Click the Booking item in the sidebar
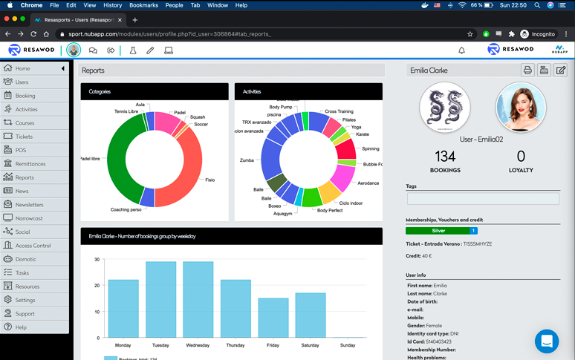tap(25, 96)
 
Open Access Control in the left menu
tap(33, 246)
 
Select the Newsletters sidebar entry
tap(29, 205)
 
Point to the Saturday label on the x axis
tap(311, 345)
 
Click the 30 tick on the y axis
tap(97, 260)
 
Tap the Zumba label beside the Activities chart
tap(247, 160)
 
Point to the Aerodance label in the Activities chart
tap(368, 183)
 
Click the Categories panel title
tap(100, 91)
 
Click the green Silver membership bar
tap(438, 231)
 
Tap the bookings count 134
tap(445, 157)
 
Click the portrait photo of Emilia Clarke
tap(521, 107)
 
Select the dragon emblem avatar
tap(444, 107)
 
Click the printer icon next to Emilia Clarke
tap(527, 71)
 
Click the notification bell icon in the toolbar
tap(461, 50)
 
